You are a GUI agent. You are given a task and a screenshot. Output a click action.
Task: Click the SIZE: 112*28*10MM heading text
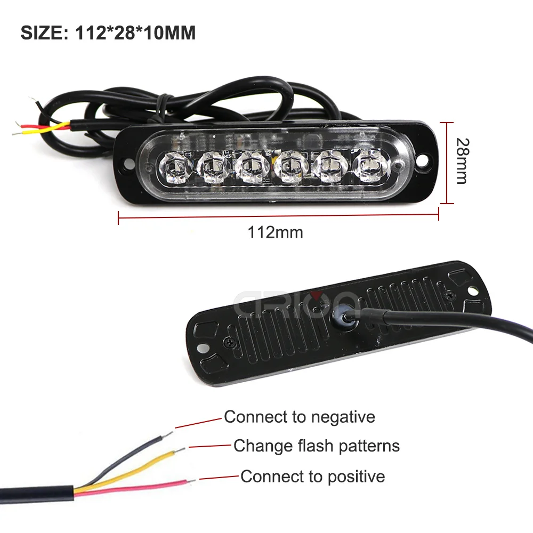(108, 33)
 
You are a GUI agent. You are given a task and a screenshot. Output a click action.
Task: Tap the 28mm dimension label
(462, 161)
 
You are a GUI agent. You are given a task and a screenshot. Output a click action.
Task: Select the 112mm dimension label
(275, 232)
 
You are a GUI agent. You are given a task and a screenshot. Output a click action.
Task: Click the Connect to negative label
(299, 417)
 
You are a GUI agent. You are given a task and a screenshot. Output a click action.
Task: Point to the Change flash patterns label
(317, 446)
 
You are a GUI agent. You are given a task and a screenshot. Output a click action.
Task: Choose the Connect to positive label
(312, 476)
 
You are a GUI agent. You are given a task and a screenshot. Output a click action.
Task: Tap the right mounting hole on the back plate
(473, 288)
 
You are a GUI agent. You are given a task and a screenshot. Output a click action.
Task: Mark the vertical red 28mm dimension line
(447, 161)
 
